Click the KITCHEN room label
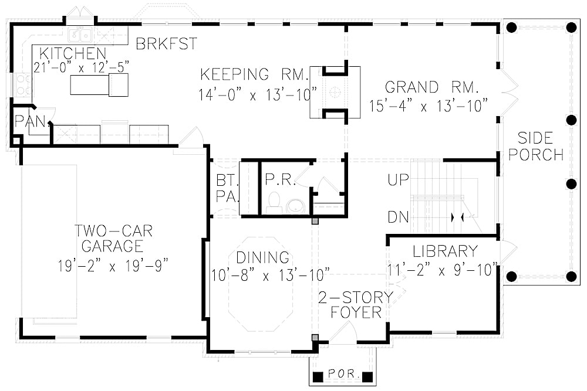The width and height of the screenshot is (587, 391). pyautogui.click(x=73, y=53)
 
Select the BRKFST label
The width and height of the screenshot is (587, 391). pyautogui.click(x=166, y=44)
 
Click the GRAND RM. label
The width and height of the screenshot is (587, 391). pyautogui.click(x=433, y=88)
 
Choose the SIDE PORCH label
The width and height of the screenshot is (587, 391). pyautogui.click(x=535, y=147)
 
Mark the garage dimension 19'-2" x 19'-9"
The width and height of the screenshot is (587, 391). pyautogui.click(x=113, y=266)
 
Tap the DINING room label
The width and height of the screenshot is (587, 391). pyautogui.click(x=263, y=257)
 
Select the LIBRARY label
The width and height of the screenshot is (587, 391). pyautogui.click(x=445, y=251)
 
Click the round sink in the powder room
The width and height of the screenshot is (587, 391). pyautogui.click(x=295, y=206)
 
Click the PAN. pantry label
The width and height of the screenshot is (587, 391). pyautogui.click(x=26, y=122)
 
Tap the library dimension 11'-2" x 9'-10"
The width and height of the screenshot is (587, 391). pyautogui.click(x=442, y=271)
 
